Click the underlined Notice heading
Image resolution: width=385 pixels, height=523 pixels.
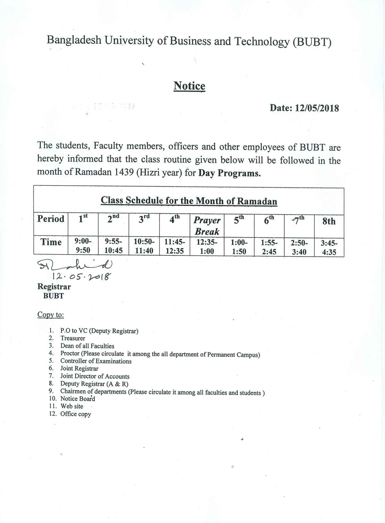pyautogui.click(x=189, y=86)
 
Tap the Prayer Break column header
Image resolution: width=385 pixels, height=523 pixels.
pyautogui.click(x=207, y=226)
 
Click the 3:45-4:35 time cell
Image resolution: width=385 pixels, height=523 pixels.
pyautogui.click(x=329, y=247)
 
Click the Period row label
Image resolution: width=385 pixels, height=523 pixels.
pyautogui.click(x=51, y=219)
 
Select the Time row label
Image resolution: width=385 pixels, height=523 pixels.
pyautogui.click(x=51, y=242)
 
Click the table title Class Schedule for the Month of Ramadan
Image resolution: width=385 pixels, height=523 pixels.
pyautogui.click(x=189, y=201)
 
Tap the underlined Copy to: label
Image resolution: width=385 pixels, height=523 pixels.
pyautogui.click(x=51, y=315)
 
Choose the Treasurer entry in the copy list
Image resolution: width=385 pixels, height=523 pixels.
pyautogui.click(x=73, y=338)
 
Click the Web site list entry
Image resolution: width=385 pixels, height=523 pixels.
pyautogui.click(x=72, y=406)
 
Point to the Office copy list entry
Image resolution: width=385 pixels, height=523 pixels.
pyautogui.click(x=76, y=414)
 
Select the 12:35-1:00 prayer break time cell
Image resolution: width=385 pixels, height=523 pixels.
pyautogui.click(x=207, y=247)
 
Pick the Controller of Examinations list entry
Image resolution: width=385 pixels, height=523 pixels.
pyautogui.click(x=96, y=361)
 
